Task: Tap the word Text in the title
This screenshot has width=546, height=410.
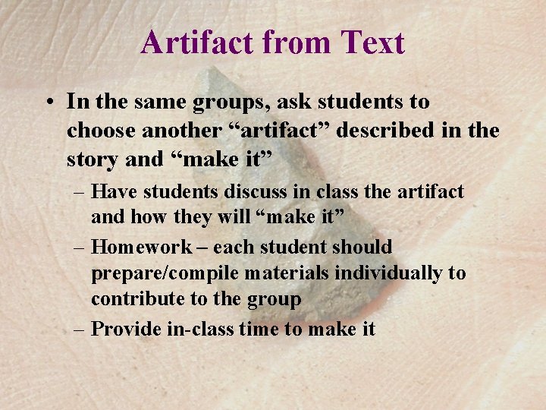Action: (x=373, y=43)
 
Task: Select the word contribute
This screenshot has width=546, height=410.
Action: (x=137, y=299)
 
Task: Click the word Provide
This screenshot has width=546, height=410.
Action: (x=126, y=329)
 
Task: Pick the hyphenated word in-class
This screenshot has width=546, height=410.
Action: (x=196, y=329)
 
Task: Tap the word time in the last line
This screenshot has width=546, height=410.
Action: (x=258, y=329)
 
